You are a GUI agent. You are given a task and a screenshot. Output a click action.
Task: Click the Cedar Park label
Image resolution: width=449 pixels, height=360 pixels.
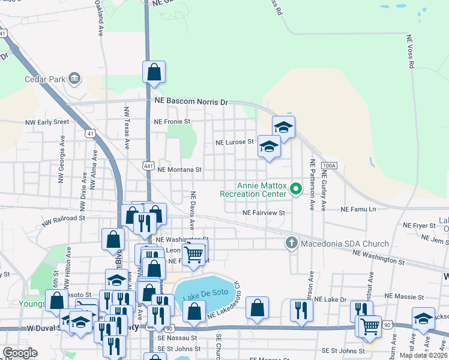(x=44, y=79)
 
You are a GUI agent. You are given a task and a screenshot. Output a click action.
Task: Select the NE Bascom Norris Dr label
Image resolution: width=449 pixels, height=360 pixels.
(x=191, y=102)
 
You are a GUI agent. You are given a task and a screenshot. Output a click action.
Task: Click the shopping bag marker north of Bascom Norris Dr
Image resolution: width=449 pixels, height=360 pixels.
(x=154, y=72)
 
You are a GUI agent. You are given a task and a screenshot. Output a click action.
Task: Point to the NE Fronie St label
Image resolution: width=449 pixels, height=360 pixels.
(x=172, y=121)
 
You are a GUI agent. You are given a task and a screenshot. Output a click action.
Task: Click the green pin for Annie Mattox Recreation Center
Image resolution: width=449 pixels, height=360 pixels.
(x=295, y=190)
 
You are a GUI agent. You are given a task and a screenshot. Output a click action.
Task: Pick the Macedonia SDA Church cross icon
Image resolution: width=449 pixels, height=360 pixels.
(x=291, y=243)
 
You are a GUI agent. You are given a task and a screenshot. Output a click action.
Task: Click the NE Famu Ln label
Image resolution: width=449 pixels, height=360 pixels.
(x=358, y=209)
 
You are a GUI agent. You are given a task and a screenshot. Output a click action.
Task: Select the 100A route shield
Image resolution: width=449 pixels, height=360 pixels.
(x=328, y=166)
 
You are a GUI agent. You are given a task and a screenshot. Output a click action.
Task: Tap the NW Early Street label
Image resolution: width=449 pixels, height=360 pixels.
(x=47, y=122)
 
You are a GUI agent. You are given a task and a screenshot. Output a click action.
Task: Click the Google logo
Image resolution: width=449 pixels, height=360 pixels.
(x=20, y=353)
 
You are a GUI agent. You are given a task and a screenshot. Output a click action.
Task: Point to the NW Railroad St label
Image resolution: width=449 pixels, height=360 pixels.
(x=64, y=221)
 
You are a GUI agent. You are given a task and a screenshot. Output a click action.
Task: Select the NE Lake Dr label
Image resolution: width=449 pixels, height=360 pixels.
(x=331, y=299)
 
